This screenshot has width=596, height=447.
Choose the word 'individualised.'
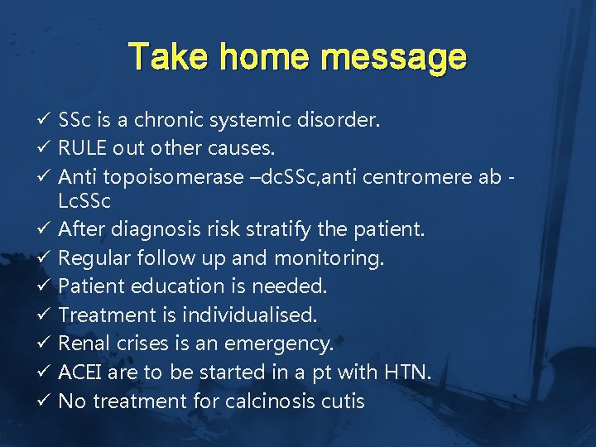click(249, 315)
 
